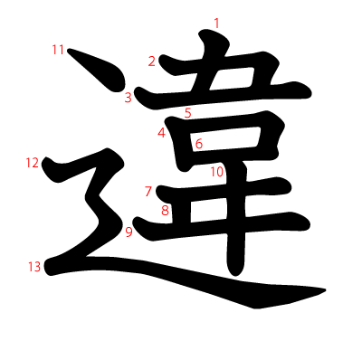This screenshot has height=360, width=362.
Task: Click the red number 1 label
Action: (x=216, y=24)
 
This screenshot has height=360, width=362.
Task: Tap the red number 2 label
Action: (x=152, y=62)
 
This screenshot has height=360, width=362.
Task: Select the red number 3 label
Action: (x=129, y=98)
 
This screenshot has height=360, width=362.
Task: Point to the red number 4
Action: (x=162, y=133)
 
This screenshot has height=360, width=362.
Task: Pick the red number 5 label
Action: (x=188, y=113)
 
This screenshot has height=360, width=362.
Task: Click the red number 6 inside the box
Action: (x=199, y=144)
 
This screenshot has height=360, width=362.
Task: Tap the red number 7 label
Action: (x=148, y=192)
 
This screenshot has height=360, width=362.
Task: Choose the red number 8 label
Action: (x=165, y=211)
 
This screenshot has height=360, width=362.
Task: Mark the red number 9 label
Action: (x=129, y=232)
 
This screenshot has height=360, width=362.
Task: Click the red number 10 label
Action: (x=217, y=172)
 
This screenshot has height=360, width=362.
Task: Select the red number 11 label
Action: (x=58, y=50)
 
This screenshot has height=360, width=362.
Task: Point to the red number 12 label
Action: (x=33, y=163)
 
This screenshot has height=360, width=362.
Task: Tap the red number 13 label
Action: (x=34, y=267)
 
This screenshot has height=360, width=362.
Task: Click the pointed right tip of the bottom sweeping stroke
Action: (x=325, y=290)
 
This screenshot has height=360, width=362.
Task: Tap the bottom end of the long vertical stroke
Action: (x=235, y=274)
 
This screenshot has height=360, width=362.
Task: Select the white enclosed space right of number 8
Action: (x=208, y=210)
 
